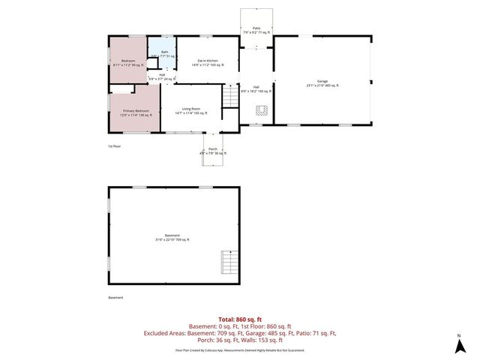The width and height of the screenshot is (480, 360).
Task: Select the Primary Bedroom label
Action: tap(136, 112)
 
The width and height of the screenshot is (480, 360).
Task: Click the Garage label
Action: tap(322, 83)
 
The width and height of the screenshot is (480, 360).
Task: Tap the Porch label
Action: tap(213, 151)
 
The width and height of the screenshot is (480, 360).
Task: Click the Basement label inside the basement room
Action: tap(172, 238)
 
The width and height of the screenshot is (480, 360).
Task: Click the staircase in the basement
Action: tap(229, 262)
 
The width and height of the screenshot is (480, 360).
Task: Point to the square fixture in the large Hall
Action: tap(261, 112)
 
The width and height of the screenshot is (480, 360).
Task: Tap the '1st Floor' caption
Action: tap(115, 146)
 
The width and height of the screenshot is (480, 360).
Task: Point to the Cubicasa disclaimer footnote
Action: tap(240, 350)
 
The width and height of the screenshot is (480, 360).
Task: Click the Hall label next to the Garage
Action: tap(256, 88)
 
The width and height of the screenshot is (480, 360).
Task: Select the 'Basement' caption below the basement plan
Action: tap(116, 298)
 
